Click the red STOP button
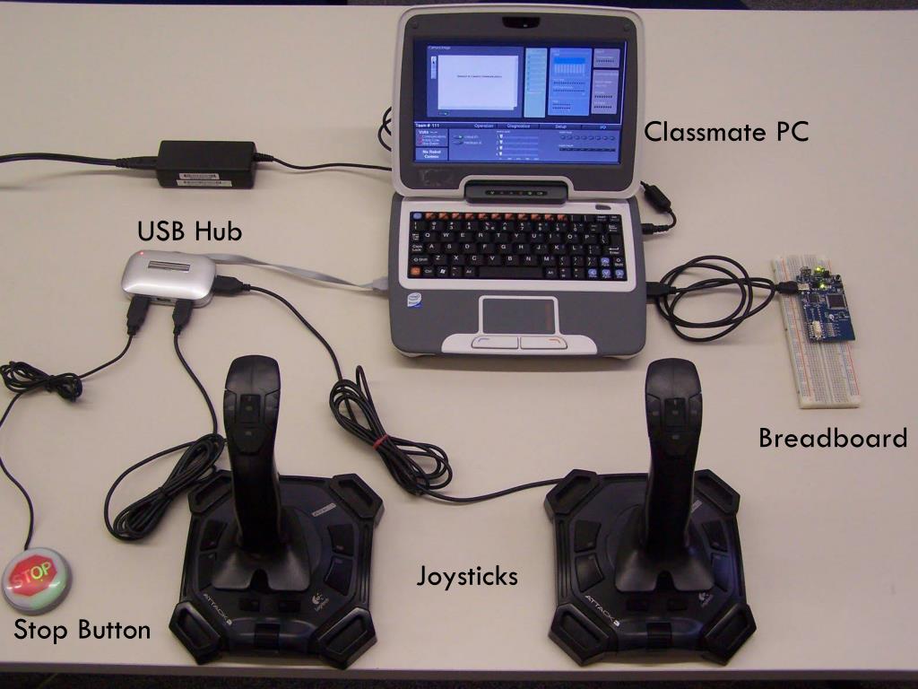(x=37, y=580)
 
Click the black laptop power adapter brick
(x=206, y=163)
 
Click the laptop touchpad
(x=519, y=315)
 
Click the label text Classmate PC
(x=726, y=133)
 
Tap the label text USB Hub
(x=189, y=231)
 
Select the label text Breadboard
(x=832, y=439)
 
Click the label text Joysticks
(x=466, y=576)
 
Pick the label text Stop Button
(x=82, y=630)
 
